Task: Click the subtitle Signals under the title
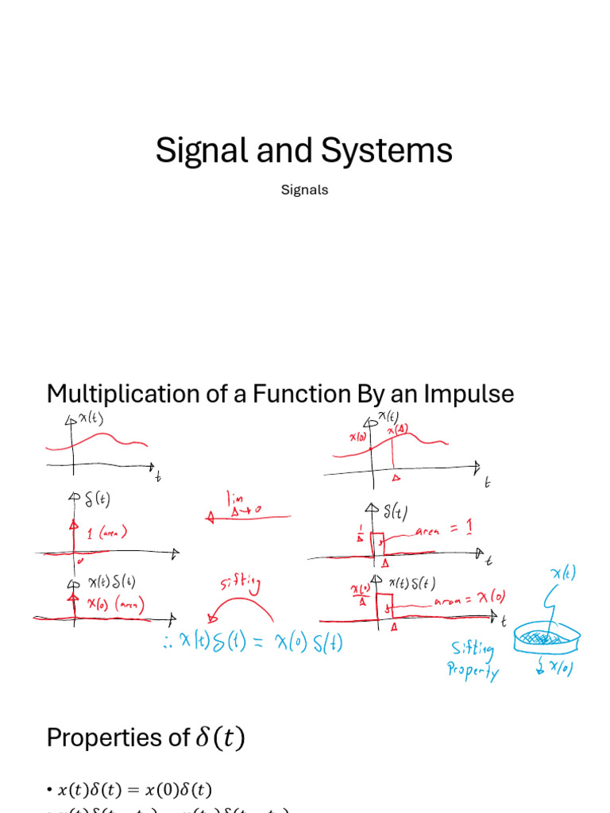click(x=304, y=190)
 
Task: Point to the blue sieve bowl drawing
click(x=546, y=635)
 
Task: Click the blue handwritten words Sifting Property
click(x=473, y=661)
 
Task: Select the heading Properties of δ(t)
click(x=146, y=738)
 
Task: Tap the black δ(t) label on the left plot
click(x=97, y=500)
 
